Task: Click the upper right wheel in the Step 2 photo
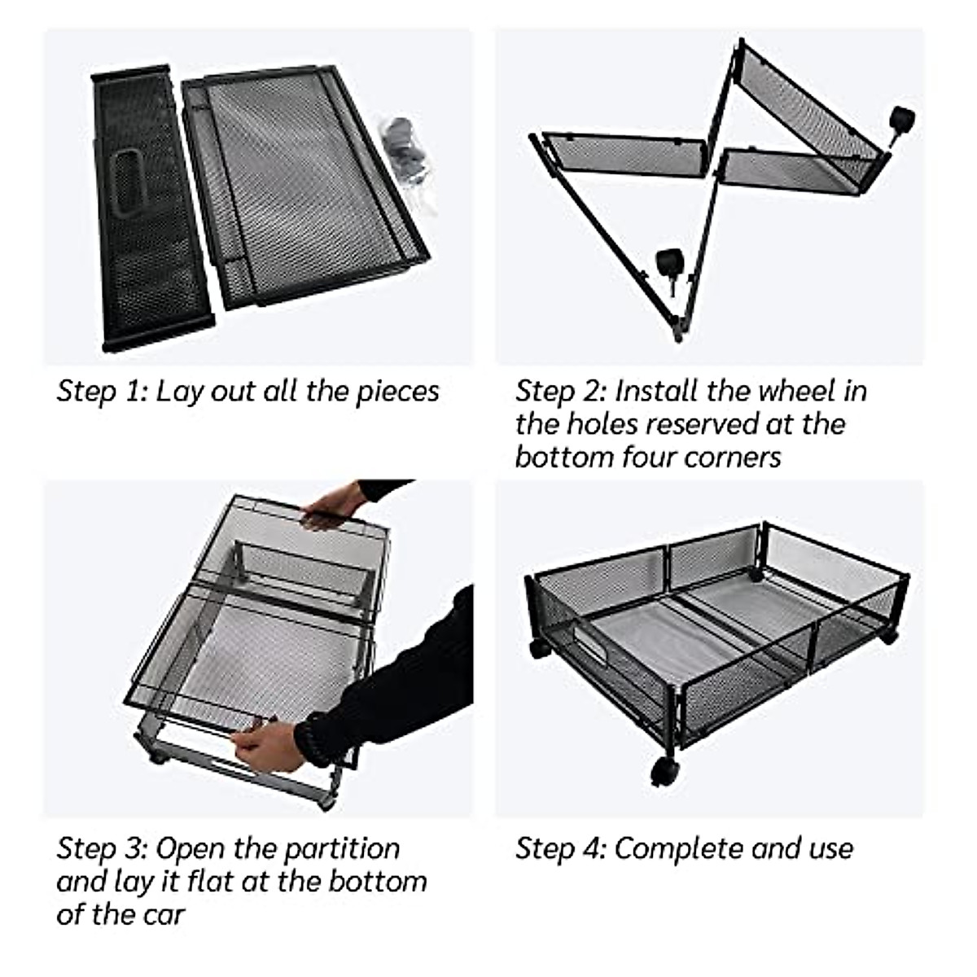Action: (901, 121)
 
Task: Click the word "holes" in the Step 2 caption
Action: (602, 424)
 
